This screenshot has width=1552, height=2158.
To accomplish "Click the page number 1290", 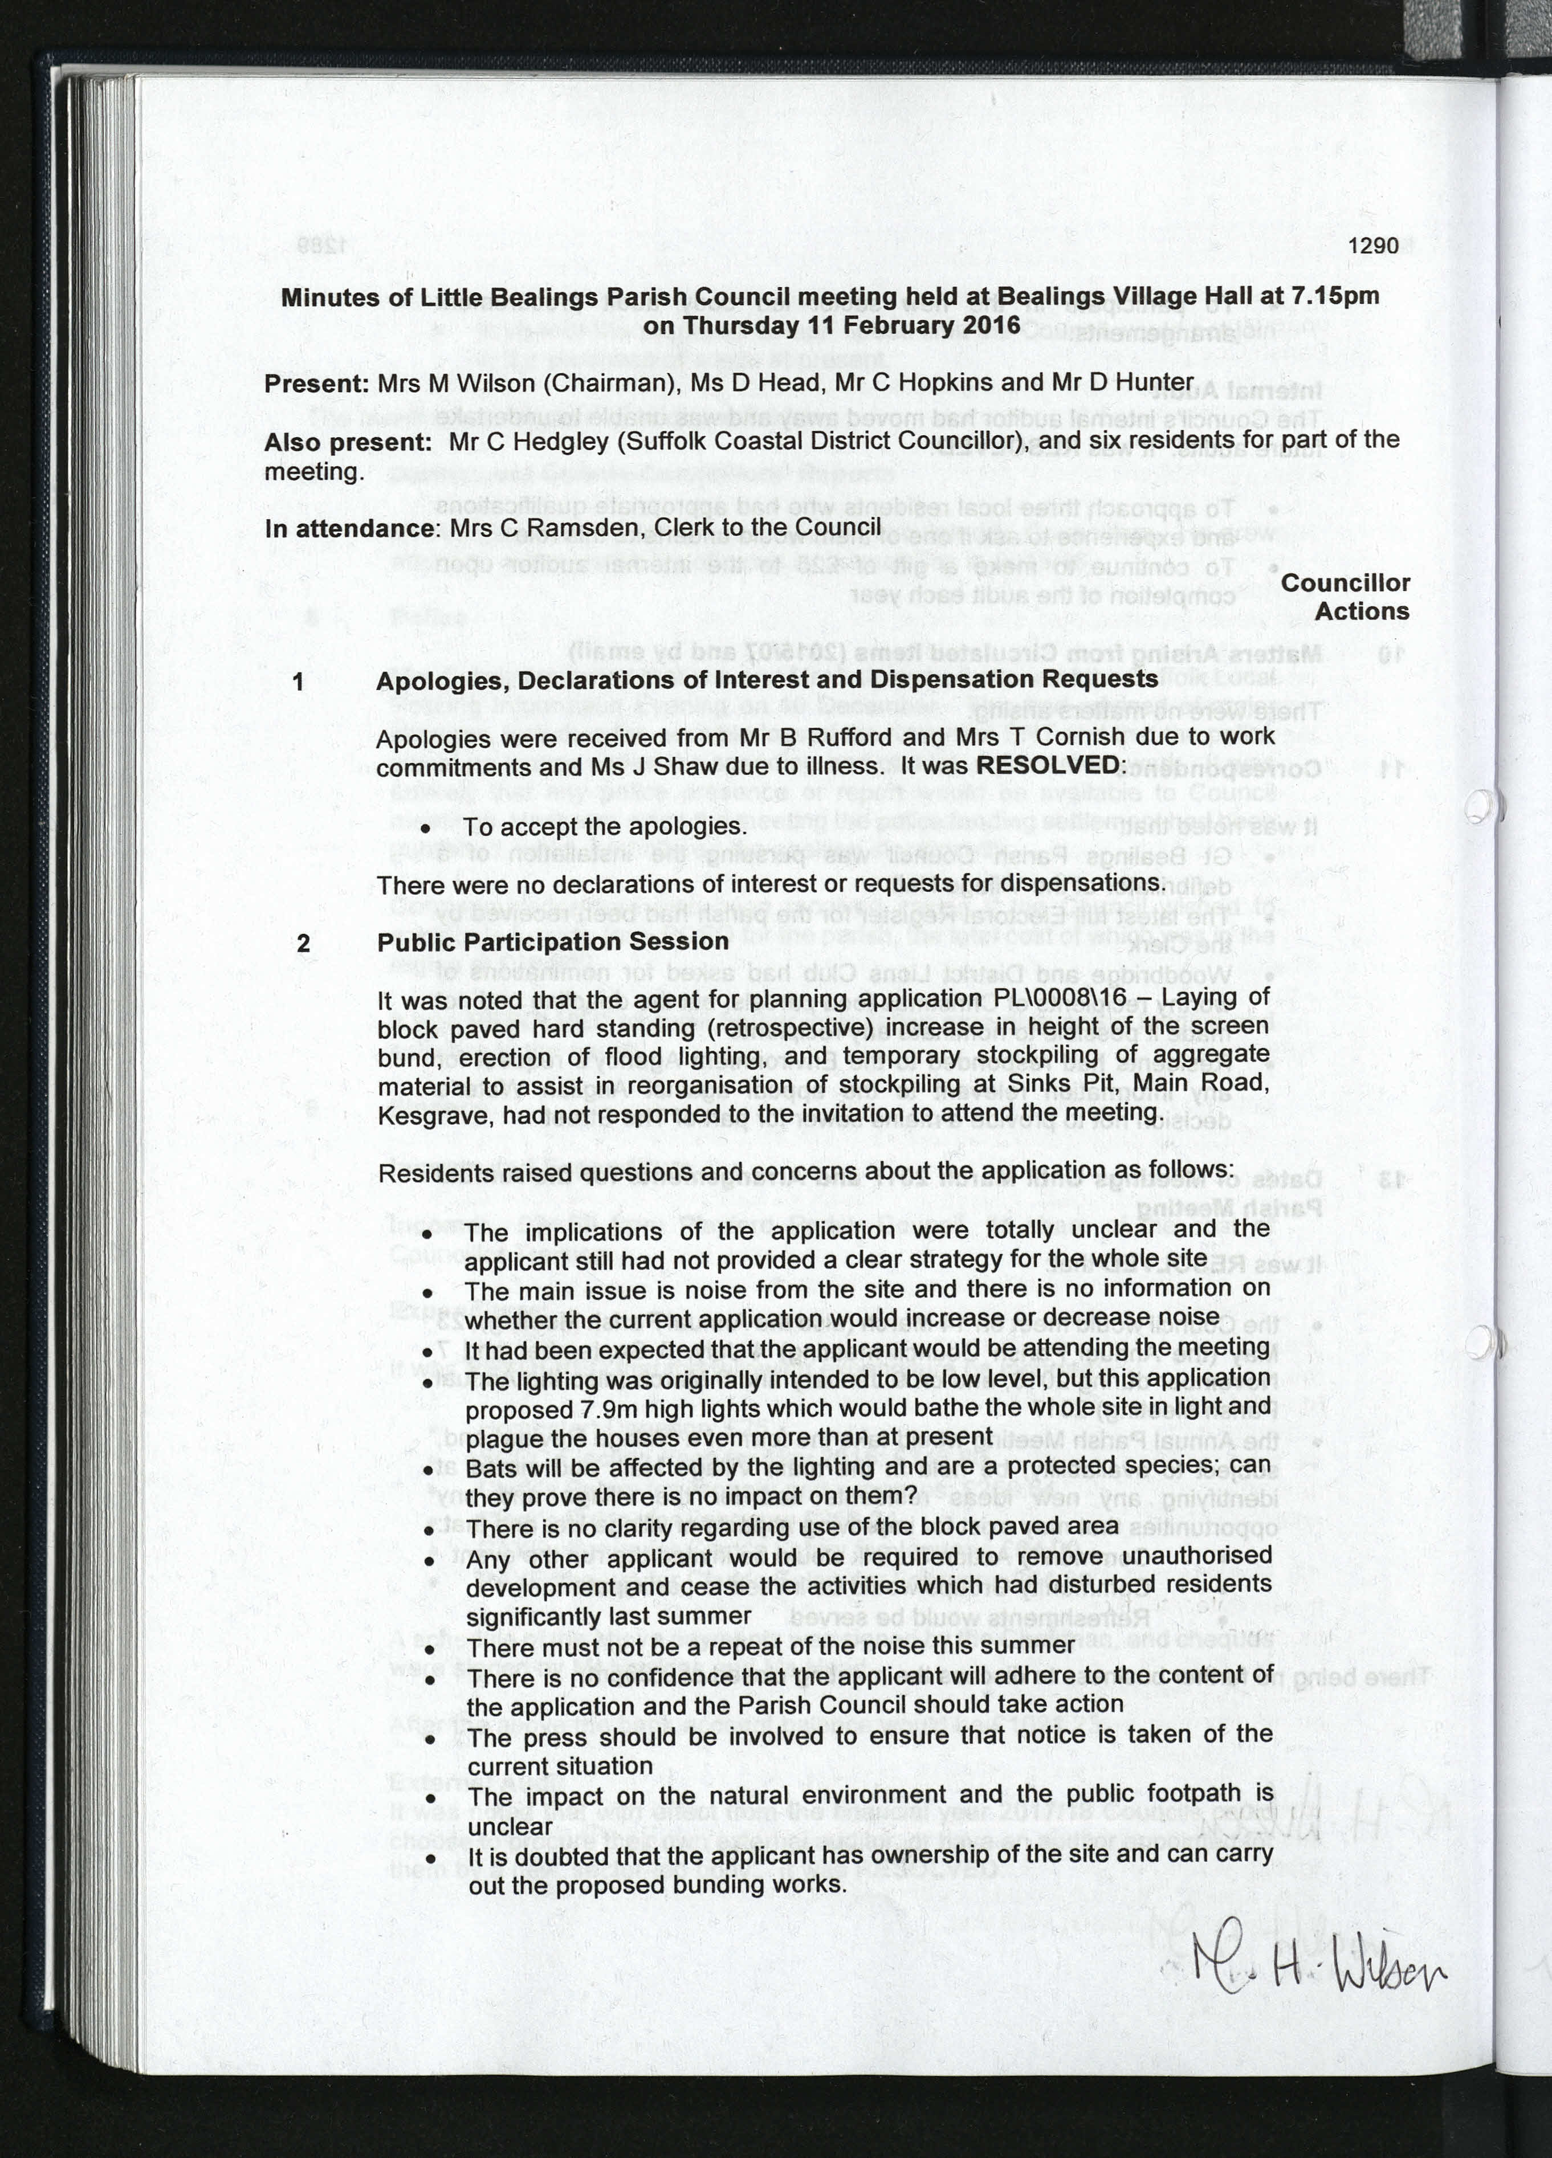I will tap(1373, 246).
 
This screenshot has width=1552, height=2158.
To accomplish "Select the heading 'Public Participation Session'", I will tap(553, 942).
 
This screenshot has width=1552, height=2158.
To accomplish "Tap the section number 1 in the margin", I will tap(299, 682).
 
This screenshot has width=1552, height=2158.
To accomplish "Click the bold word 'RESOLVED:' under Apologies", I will tap(1050, 765).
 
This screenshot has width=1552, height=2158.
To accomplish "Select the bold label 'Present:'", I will tap(317, 384).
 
